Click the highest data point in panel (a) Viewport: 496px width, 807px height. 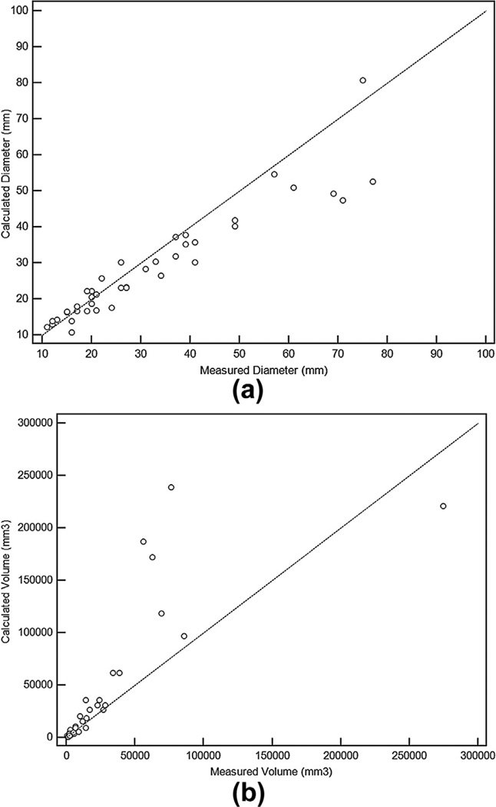click(x=362, y=80)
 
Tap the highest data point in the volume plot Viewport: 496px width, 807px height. click(x=171, y=487)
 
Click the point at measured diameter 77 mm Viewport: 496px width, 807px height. click(x=372, y=181)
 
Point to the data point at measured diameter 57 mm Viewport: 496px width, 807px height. click(x=274, y=174)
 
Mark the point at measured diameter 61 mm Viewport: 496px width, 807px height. click(x=293, y=188)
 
